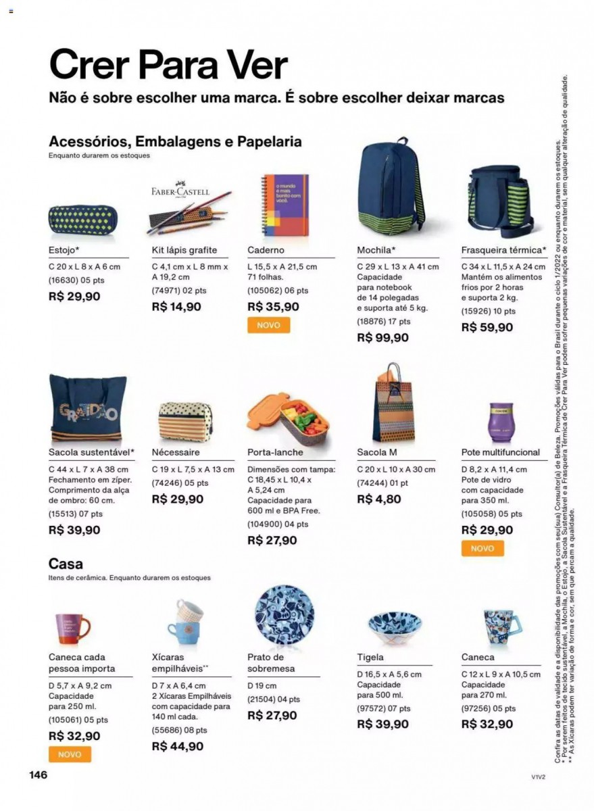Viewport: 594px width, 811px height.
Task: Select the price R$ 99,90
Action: [382, 338]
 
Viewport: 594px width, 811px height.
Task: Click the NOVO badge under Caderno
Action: [268, 325]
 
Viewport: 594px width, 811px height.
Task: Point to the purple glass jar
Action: [499, 423]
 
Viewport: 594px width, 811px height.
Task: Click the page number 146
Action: [38, 775]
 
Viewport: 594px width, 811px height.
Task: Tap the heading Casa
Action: [66, 564]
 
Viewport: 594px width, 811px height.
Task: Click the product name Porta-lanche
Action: [275, 452]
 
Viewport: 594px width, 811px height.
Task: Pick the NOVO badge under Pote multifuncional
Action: [482, 548]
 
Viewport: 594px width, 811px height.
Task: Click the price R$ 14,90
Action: [176, 306]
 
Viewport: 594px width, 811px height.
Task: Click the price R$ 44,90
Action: [177, 746]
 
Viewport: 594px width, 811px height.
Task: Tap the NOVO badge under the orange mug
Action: [70, 754]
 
